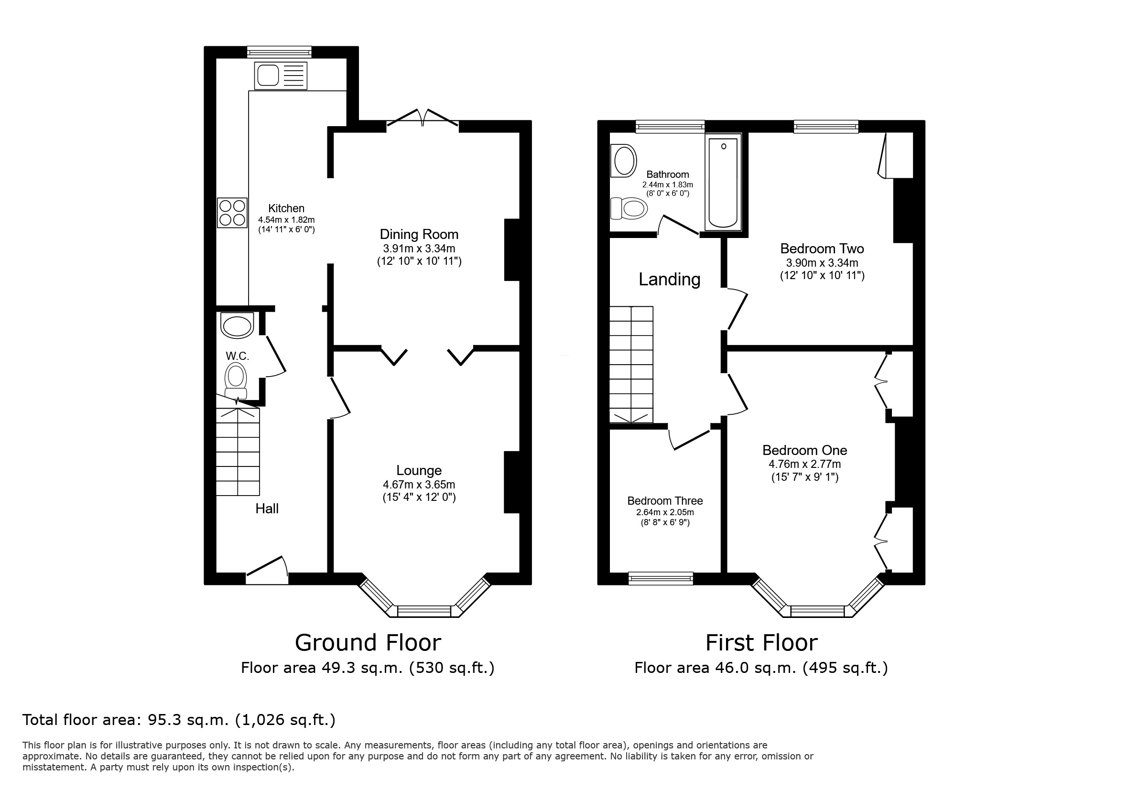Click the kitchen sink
(280, 76)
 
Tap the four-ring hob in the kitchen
(232, 212)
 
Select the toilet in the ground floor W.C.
(236, 381)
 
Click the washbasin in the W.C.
(237, 325)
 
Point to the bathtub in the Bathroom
(723, 183)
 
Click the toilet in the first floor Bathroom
(629, 208)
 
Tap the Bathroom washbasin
(623, 160)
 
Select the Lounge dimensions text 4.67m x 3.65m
(419, 485)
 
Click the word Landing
(669, 279)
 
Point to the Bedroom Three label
(665, 501)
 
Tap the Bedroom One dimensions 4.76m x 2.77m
(804, 464)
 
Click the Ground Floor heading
(368, 642)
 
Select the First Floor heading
(761, 642)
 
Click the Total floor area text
(179, 720)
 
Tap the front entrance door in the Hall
(267, 570)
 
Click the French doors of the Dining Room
(423, 118)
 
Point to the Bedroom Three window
(661, 579)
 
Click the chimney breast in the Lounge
(512, 482)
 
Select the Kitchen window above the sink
(279, 52)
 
